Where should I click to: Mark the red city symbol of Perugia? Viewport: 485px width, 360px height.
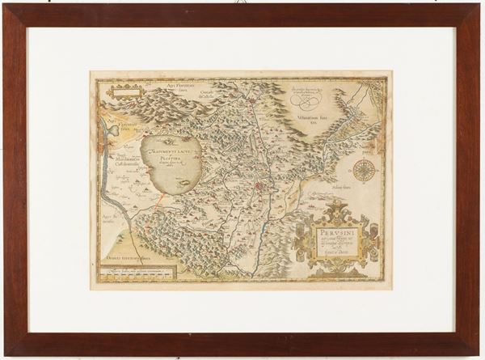click(258, 187)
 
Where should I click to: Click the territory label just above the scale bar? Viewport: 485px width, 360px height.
click(137, 257)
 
